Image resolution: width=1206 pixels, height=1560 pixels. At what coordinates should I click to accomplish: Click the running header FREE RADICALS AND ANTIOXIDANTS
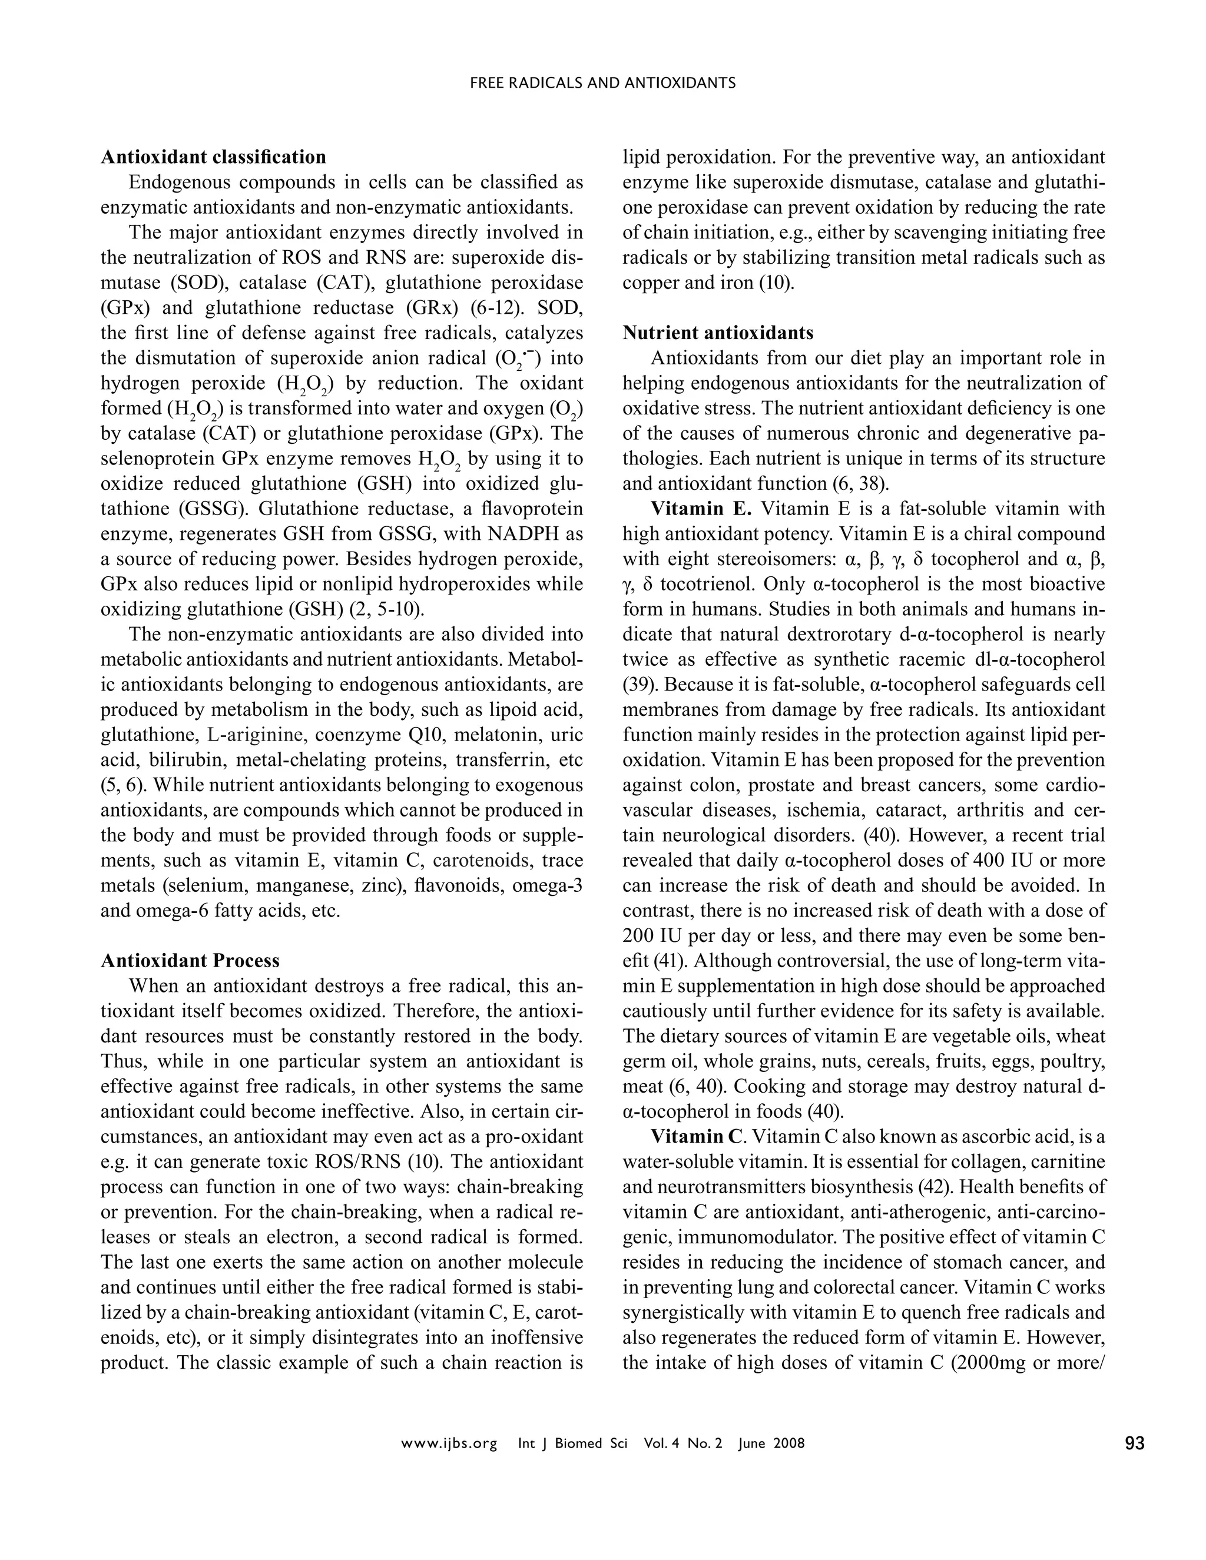tap(602, 83)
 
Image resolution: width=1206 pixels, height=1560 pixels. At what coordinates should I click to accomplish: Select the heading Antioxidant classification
tap(213, 157)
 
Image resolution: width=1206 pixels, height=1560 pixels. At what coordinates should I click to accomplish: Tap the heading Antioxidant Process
tap(190, 961)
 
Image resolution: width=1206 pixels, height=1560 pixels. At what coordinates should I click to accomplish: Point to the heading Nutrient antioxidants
tap(717, 333)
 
